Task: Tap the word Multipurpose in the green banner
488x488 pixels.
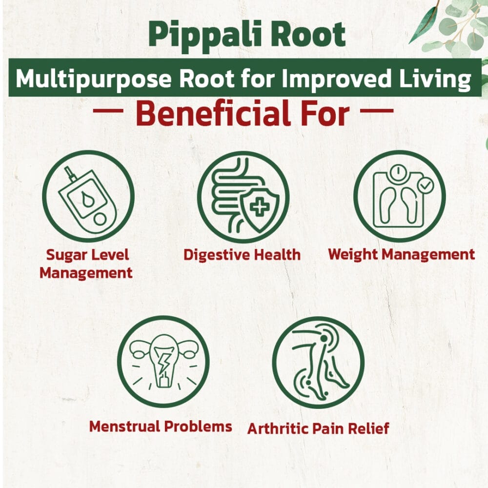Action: coord(93,79)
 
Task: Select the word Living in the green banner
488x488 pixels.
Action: coord(435,79)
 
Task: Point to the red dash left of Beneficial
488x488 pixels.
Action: coord(108,110)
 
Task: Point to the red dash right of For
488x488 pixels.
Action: coord(377,110)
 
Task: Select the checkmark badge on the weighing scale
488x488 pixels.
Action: coord(425,186)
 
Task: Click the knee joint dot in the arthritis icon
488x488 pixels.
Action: coord(324,338)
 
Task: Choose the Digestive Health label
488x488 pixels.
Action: coord(242,255)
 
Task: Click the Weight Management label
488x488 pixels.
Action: coord(402,255)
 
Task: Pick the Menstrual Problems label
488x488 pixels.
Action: coord(161,427)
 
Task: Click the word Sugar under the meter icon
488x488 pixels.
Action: coord(66,255)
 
